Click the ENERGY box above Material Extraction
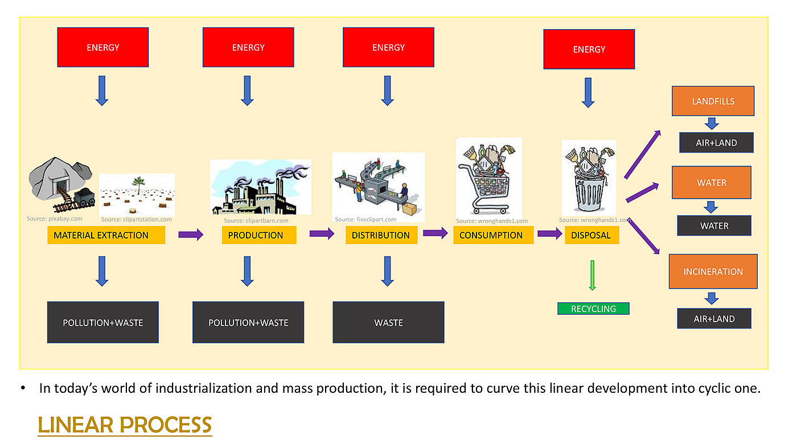coord(103,47)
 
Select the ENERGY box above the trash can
coord(589,49)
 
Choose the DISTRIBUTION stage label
coord(381,235)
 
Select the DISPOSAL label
coord(591,235)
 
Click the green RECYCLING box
coord(593,309)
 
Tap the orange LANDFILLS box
coord(713,101)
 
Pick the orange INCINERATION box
coord(713,272)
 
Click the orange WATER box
coord(711,183)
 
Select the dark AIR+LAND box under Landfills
coord(716,143)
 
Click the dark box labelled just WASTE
coord(388,322)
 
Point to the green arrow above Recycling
coord(593,276)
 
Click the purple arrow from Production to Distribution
coord(322,234)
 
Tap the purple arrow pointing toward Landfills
coord(643,154)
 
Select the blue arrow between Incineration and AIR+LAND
coord(712,298)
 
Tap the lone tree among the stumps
coord(138,185)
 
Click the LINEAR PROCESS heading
coord(125,425)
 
